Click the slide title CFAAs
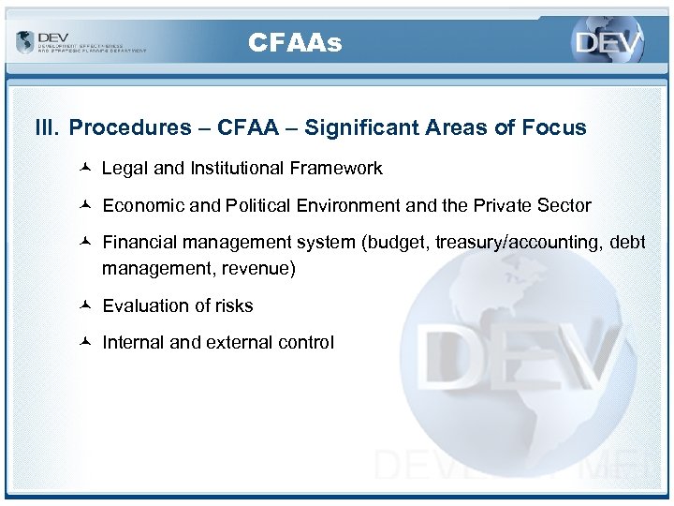point(296,43)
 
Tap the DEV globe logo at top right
point(608,43)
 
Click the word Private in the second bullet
point(496,205)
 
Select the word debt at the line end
point(627,243)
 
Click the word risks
point(231,306)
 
